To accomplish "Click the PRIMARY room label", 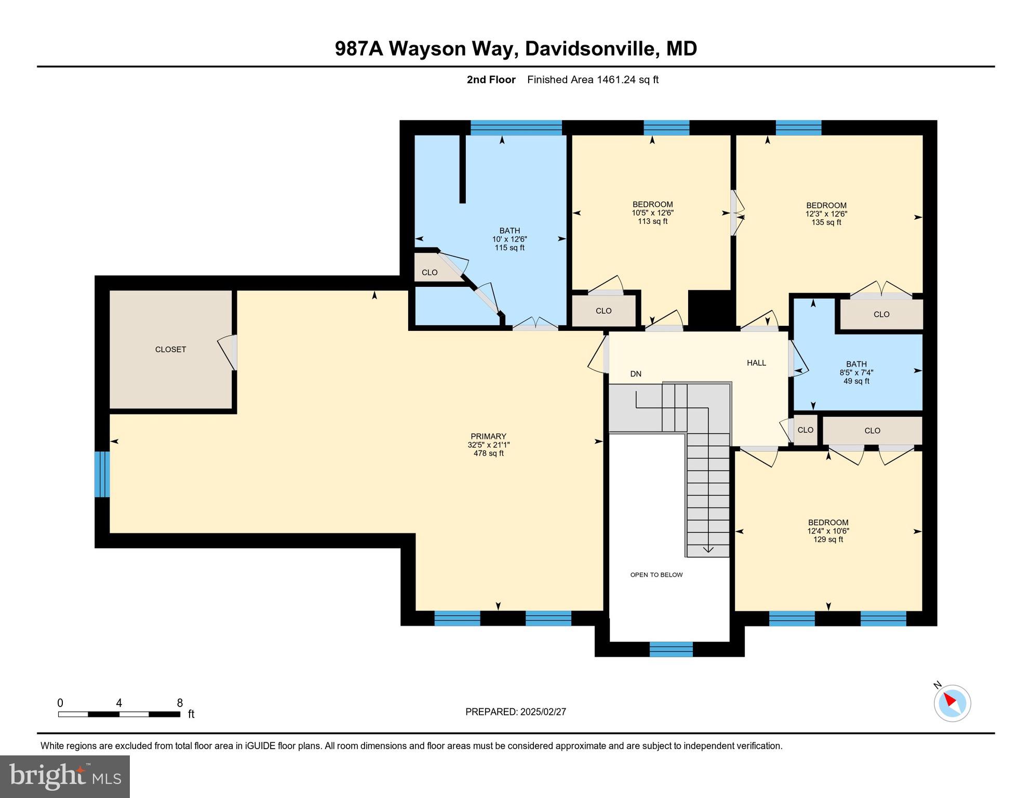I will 488,436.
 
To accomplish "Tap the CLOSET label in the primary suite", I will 170,350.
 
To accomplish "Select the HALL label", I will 756,363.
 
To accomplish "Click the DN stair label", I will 636,374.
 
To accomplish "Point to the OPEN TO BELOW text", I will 656,575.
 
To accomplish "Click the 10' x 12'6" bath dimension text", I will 510,240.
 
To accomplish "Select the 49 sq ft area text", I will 856,381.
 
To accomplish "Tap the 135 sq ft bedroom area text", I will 826,222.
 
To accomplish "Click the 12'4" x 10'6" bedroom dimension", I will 828,531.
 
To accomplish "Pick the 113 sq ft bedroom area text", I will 652,221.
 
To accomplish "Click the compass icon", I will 952,703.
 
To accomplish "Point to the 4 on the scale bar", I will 119,703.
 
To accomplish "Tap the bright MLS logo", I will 65,776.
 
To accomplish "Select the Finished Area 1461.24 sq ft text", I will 593,79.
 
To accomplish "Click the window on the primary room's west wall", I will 102,474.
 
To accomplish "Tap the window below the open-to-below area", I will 671,649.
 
